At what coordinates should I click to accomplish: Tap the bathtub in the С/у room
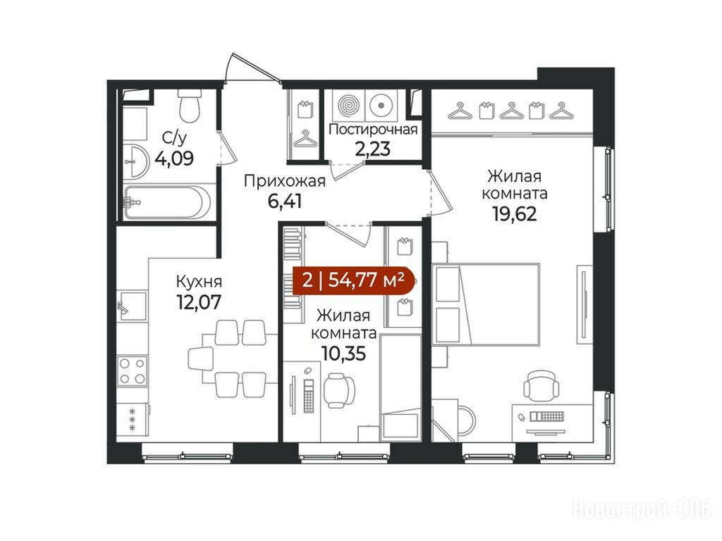168,202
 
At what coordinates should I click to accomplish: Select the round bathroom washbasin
136,161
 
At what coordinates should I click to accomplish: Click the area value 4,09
174,158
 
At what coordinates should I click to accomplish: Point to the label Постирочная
373,130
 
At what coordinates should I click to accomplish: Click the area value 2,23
372,149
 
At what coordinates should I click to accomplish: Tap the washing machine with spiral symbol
348,105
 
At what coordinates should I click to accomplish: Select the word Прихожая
285,181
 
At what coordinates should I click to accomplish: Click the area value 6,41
285,201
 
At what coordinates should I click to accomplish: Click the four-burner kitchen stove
132,371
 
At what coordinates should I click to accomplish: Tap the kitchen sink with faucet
131,306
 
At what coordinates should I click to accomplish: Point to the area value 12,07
199,301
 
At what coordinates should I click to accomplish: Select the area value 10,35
343,354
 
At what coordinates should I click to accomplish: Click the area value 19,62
515,214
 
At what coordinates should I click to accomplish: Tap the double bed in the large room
486,304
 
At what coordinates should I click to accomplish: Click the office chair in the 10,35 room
339,390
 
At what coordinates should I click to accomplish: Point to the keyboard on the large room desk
547,416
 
